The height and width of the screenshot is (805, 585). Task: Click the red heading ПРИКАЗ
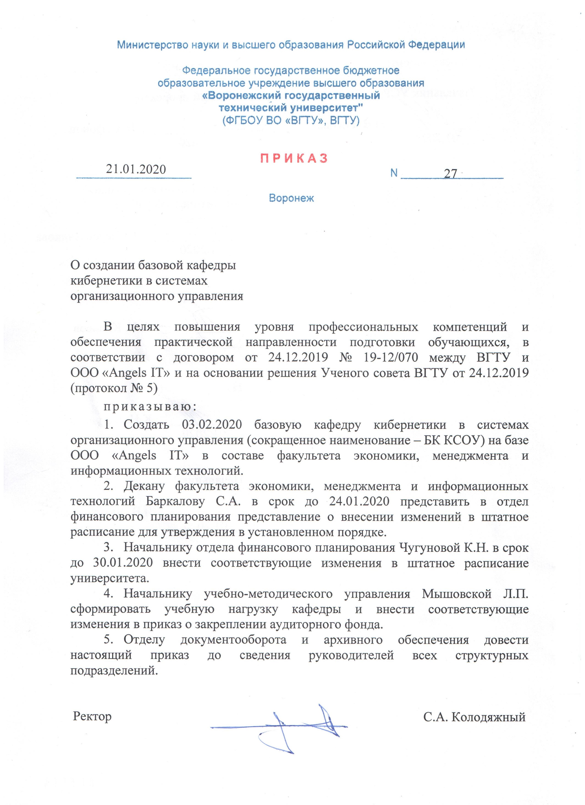pos(294,158)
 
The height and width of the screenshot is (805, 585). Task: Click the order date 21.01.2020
pos(136,169)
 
